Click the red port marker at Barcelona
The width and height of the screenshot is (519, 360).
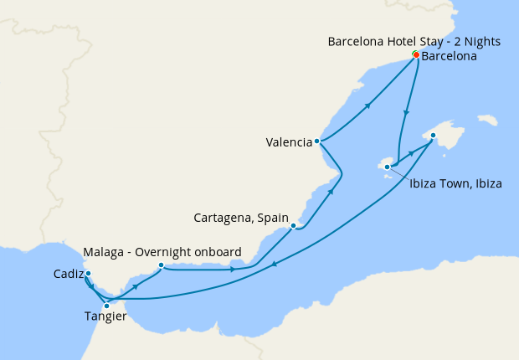click(416, 55)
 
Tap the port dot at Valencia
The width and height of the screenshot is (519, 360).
click(316, 141)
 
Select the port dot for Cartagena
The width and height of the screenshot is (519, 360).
click(292, 225)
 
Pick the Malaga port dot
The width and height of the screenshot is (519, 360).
click(161, 265)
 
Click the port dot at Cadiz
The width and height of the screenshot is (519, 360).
click(88, 273)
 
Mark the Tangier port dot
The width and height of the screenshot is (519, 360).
click(106, 306)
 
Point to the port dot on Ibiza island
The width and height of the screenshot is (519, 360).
click(387, 167)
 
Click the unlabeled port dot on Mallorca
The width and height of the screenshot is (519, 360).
click(433, 135)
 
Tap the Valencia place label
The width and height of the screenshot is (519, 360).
click(289, 141)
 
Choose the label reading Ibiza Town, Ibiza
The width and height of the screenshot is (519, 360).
click(455, 183)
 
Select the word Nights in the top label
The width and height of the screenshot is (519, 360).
click(487, 40)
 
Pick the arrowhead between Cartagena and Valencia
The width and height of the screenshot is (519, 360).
click(332, 191)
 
